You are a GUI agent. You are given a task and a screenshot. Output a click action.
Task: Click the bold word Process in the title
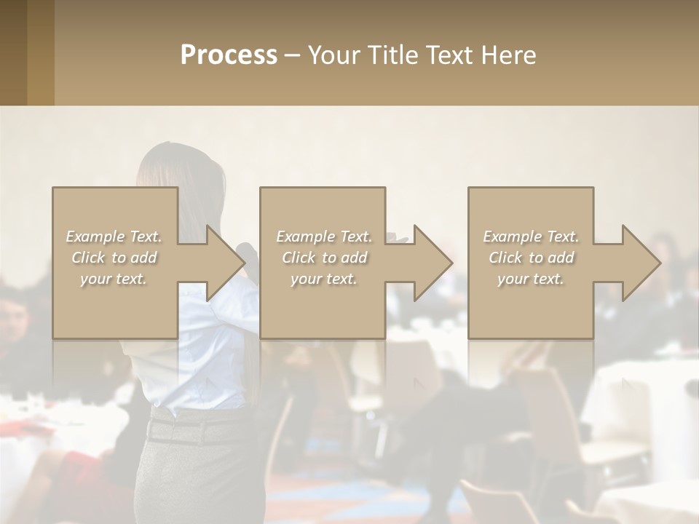point(229,55)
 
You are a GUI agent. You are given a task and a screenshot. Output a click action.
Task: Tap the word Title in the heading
point(390,55)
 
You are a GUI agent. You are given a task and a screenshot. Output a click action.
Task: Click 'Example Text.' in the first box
point(114,237)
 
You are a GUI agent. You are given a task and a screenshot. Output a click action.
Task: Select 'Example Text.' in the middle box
point(323,237)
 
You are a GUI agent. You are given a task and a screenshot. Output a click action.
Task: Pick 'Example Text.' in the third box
point(531,237)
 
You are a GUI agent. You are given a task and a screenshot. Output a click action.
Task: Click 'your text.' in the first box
point(114,279)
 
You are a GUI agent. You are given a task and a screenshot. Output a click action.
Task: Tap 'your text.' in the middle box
point(323,279)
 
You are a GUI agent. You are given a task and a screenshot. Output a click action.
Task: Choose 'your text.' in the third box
point(531,279)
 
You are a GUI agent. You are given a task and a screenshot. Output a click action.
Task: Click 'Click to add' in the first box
point(114,258)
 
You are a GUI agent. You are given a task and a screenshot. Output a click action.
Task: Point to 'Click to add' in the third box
point(531,258)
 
